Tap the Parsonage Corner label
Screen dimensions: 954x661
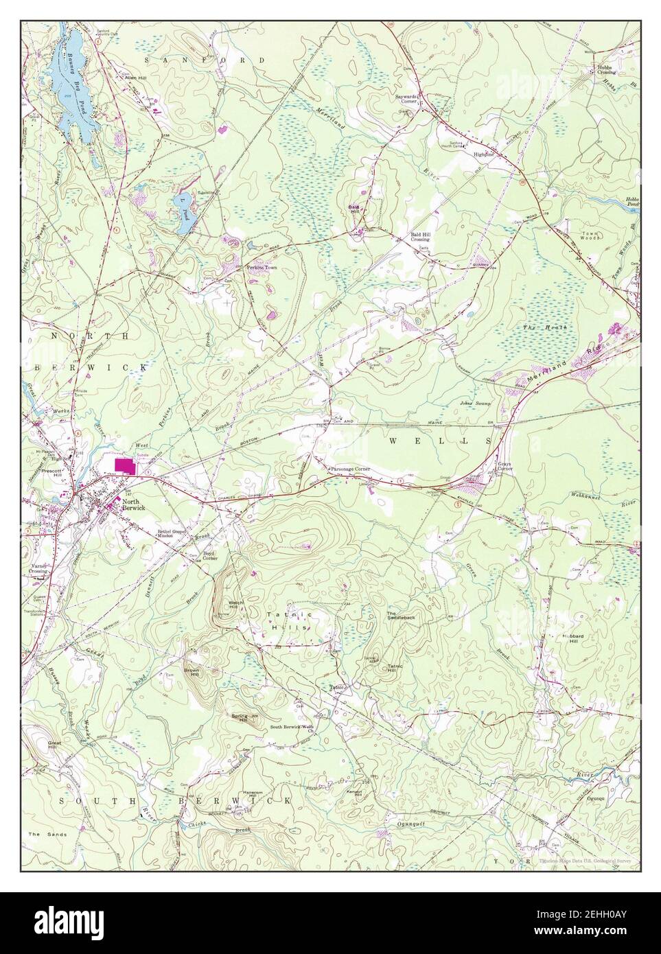(x=350, y=469)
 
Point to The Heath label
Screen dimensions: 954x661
(x=546, y=329)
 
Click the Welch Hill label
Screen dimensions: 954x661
(x=233, y=604)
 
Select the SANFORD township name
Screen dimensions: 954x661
(x=204, y=61)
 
